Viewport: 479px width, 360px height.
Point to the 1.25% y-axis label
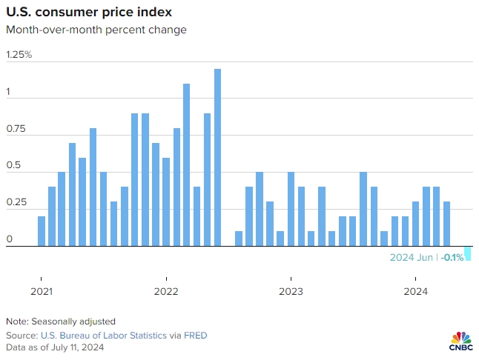(x=19, y=55)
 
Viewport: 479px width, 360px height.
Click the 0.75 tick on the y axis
(x=16, y=130)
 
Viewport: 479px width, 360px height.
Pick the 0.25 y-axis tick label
(x=16, y=203)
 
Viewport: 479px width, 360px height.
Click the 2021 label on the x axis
(x=42, y=290)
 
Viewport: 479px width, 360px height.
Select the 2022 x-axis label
(x=166, y=290)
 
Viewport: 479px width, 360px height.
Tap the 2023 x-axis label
(x=291, y=290)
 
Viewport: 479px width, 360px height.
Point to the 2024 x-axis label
(x=415, y=290)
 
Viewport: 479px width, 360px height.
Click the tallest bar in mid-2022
(x=218, y=157)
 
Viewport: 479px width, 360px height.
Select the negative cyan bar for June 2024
(x=468, y=253)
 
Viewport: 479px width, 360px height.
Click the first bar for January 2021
(x=42, y=231)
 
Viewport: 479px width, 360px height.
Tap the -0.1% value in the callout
(x=452, y=258)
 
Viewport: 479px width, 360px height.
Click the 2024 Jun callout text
(x=413, y=258)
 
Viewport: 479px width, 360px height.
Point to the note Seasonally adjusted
(x=61, y=321)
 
